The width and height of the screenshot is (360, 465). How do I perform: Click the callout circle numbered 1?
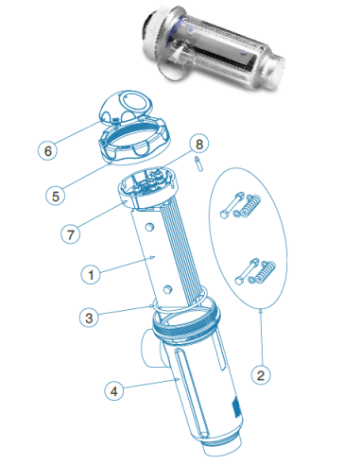coord(91,274)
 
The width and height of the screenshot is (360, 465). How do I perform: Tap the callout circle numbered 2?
coord(261,375)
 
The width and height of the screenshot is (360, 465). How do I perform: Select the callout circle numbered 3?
coord(89,318)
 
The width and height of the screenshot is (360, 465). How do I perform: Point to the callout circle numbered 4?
coord(114,391)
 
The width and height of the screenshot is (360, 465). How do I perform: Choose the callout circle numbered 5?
coord(56,196)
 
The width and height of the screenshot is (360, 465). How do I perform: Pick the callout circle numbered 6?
coord(47,150)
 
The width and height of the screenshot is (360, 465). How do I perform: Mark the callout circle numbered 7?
coord(70,234)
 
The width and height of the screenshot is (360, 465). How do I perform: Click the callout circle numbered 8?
coord(199,144)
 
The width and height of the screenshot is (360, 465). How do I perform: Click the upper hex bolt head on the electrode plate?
coord(150,227)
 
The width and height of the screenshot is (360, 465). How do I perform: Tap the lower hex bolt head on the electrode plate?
coord(167,289)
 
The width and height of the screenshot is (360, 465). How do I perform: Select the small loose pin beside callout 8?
coord(198,164)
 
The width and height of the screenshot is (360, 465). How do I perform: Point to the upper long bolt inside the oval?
coord(231,205)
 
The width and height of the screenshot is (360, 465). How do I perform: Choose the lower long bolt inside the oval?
coord(248,271)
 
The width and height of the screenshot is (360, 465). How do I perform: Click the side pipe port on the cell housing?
coord(151,348)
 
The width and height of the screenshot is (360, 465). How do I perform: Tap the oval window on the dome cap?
coord(134,101)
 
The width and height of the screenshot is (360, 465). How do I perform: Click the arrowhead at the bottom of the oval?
coord(261,311)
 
